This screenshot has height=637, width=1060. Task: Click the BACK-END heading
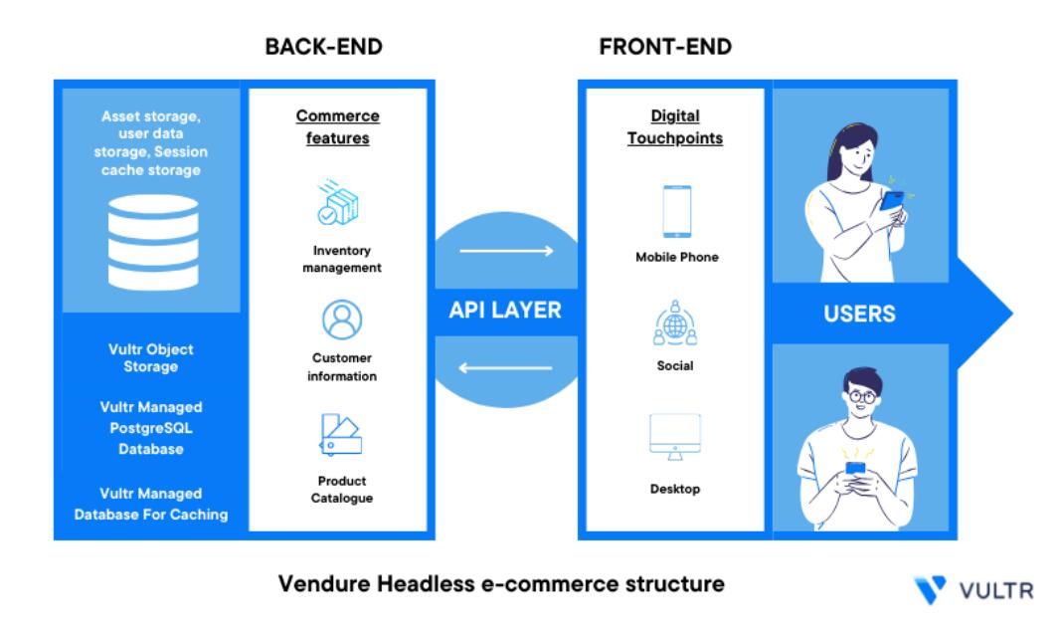tap(323, 47)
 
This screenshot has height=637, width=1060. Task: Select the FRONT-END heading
tap(665, 47)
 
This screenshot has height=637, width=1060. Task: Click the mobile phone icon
tap(676, 211)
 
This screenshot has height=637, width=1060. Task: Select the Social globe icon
tap(676, 323)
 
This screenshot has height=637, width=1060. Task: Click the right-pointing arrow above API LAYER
tap(506, 251)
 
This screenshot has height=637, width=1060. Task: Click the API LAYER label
tap(506, 311)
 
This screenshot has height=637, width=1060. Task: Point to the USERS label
tap(859, 315)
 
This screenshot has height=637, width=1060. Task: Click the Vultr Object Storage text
tap(151, 358)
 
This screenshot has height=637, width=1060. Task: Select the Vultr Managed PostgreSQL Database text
tap(151, 428)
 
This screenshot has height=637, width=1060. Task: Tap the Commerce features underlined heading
tap(338, 127)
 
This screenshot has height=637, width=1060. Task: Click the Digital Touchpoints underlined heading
tap(675, 127)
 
